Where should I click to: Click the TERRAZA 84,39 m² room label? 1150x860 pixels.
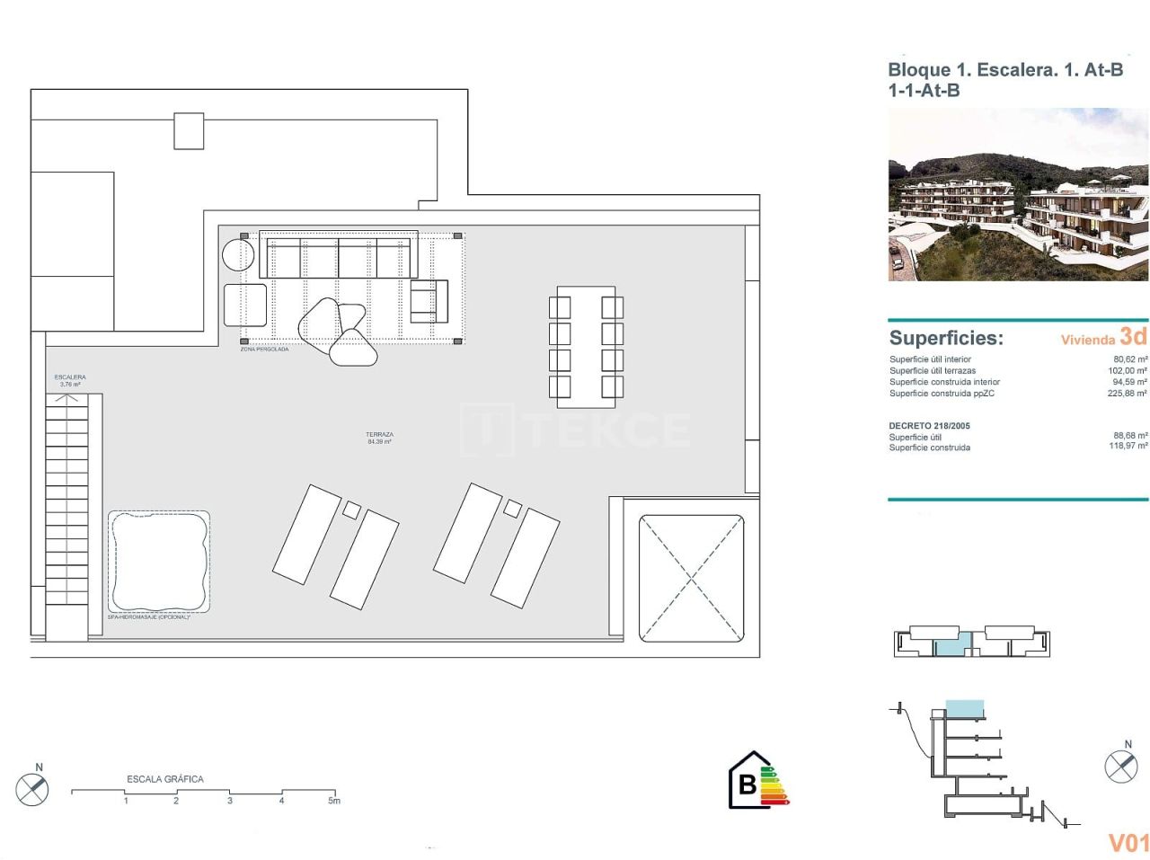(x=379, y=438)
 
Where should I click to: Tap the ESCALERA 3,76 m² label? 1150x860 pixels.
(x=70, y=380)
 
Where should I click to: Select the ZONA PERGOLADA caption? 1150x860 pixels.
(x=264, y=349)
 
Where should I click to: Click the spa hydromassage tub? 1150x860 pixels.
(x=159, y=562)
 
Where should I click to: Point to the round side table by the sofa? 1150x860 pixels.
(x=238, y=254)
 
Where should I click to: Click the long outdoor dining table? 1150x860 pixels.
(x=586, y=342)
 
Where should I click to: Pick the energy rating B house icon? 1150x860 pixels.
(x=747, y=781)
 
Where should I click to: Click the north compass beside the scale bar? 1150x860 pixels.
(x=32, y=788)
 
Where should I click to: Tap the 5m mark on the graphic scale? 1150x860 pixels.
(x=334, y=800)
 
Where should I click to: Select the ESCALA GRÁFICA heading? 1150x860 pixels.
(x=165, y=779)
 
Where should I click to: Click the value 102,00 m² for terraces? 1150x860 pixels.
(x=1128, y=370)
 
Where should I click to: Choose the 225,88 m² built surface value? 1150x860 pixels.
(x=1128, y=393)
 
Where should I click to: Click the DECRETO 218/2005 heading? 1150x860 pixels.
(x=929, y=426)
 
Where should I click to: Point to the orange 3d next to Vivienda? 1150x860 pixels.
(x=1133, y=336)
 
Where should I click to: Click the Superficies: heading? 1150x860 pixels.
(x=946, y=338)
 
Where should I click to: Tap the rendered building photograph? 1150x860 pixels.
(x=1018, y=195)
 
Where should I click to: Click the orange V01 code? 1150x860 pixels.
(x=1128, y=842)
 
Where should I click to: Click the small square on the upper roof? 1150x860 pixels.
(x=189, y=130)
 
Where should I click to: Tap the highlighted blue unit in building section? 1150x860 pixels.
(x=964, y=709)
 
